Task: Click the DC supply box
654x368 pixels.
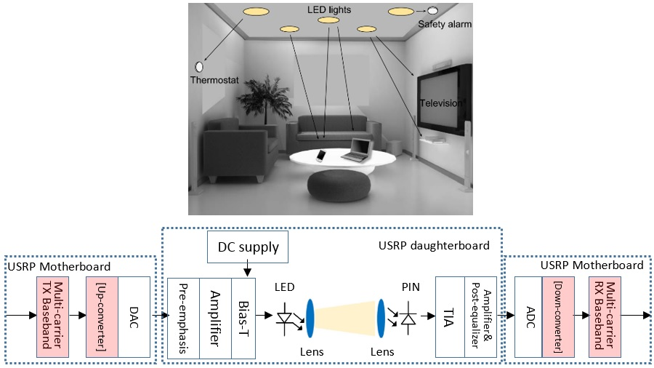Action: pyautogui.click(x=248, y=247)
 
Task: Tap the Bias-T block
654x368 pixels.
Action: pyautogui.click(x=243, y=318)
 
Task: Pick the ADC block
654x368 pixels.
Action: pyautogui.click(x=528, y=317)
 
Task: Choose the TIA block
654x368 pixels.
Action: pyautogui.click(x=450, y=318)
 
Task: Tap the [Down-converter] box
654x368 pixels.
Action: pyautogui.click(x=558, y=317)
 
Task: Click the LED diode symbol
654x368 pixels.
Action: pyautogui.click(x=285, y=319)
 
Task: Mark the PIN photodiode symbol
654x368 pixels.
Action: pyautogui.click(x=407, y=319)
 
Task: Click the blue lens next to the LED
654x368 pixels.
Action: pyautogui.click(x=310, y=318)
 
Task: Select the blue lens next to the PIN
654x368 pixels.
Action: pyautogui.click(x=380, y=318)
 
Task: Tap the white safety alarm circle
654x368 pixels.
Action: pyautogui.click(x=432, y=11)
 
